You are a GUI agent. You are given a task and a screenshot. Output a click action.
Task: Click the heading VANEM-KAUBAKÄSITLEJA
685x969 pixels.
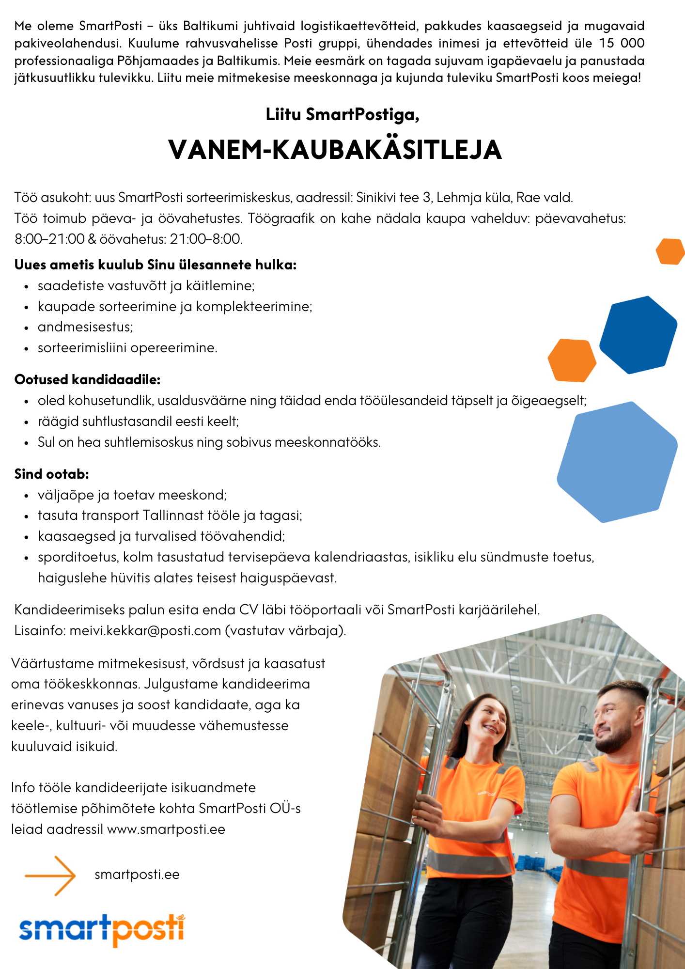pos(335,150)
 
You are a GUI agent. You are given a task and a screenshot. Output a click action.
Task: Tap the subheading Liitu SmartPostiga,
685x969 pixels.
pos(342,115)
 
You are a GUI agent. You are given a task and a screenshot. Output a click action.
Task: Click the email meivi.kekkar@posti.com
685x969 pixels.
pos(145,631)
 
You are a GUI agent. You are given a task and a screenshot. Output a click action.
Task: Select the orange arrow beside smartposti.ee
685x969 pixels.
pos(51,875)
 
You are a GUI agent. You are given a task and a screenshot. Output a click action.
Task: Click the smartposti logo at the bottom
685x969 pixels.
pos(102,930)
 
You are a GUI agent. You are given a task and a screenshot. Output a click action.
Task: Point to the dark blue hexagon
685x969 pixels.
pos(638,334)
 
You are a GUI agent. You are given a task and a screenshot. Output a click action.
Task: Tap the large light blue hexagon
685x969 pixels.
pos(617,462)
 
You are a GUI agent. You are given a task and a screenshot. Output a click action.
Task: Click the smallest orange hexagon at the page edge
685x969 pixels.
pos(671,251)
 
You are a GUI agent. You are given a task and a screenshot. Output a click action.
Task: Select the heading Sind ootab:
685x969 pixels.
pos(52,474)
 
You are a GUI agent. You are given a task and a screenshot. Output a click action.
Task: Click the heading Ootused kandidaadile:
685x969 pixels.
pos(88,379)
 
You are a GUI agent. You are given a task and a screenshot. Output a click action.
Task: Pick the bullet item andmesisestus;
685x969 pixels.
pos(85,327)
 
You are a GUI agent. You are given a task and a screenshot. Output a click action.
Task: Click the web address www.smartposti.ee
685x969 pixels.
pos(166,829)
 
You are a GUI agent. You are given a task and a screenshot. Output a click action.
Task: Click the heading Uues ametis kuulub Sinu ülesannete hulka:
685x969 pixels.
pos(156,265)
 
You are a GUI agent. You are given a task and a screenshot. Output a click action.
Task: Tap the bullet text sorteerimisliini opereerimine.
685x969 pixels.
pos(127,348)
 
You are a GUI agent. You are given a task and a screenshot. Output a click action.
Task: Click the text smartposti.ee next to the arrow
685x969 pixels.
pos(137,875)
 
